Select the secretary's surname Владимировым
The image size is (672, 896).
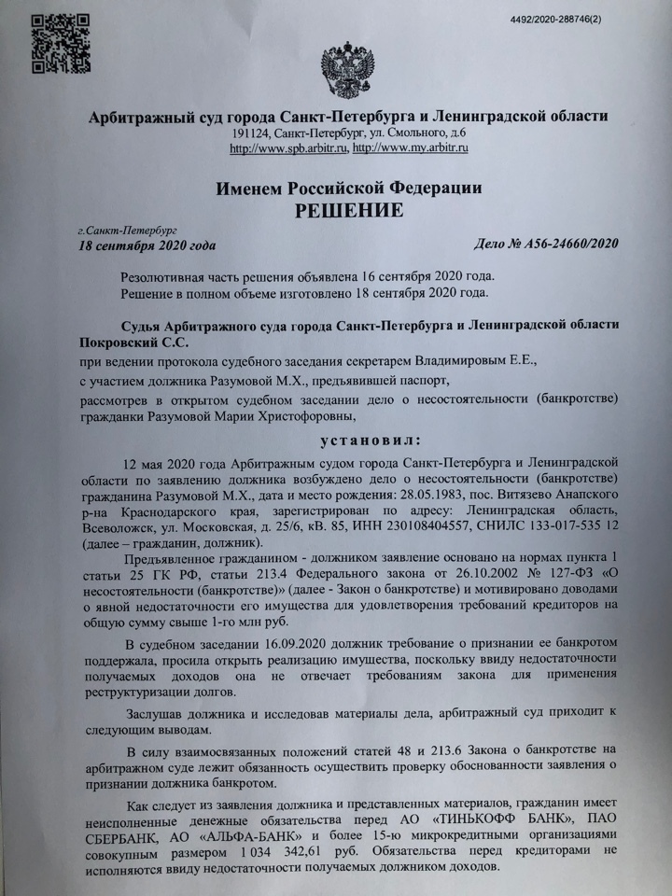pyautogui.click(x=455, y=357)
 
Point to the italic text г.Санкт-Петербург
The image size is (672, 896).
pyautogui.click(x=122, y=229)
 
